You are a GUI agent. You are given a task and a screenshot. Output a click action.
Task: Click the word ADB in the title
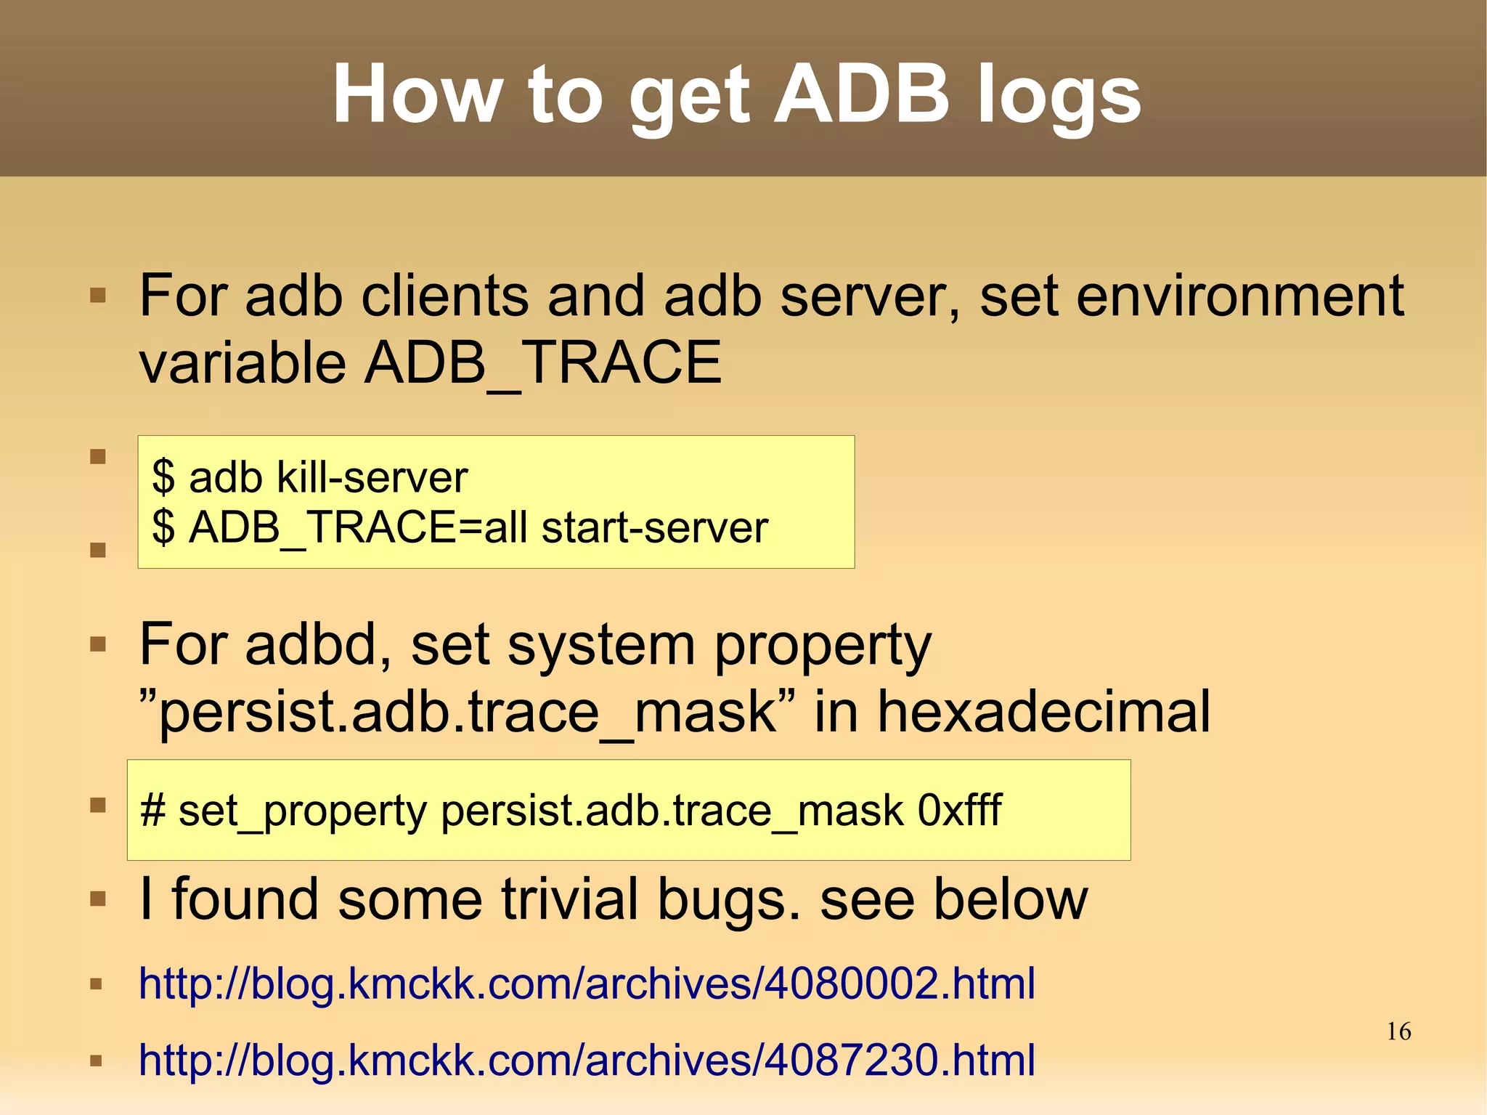[861, 94]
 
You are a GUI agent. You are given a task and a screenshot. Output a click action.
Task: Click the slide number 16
[1398, 1031]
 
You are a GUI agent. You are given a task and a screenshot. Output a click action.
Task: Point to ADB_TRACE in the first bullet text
[542, 362]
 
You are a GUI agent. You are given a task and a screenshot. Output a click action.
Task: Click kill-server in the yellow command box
[372, 477]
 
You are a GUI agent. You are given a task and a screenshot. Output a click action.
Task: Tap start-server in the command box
[654, 527]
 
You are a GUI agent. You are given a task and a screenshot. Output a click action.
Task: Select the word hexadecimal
[1044, 711]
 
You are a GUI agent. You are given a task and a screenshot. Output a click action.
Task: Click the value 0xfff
[959, 810]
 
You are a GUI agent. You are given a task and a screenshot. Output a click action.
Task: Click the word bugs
[730, 899]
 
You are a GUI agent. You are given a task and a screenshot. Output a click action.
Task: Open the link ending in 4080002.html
[587, 984]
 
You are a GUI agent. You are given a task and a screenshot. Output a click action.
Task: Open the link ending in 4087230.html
[587, 1060]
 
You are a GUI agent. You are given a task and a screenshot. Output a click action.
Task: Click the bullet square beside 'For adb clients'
[98, 296]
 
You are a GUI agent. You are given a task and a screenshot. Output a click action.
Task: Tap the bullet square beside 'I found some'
[98, 899]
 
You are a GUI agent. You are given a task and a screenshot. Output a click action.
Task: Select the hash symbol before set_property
[152, 810]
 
